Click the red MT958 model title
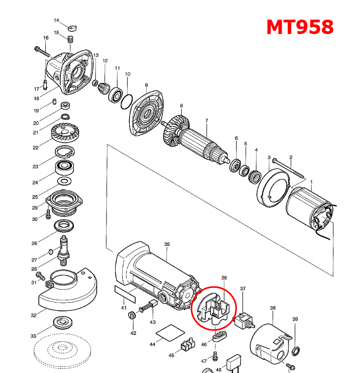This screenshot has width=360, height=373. tap(300, 27)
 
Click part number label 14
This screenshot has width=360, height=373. tap(56, 20)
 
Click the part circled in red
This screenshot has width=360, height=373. tap(213, 310)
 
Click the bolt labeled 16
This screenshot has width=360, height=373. tap(41, 51)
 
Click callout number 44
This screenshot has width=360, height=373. tap(152, 345)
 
